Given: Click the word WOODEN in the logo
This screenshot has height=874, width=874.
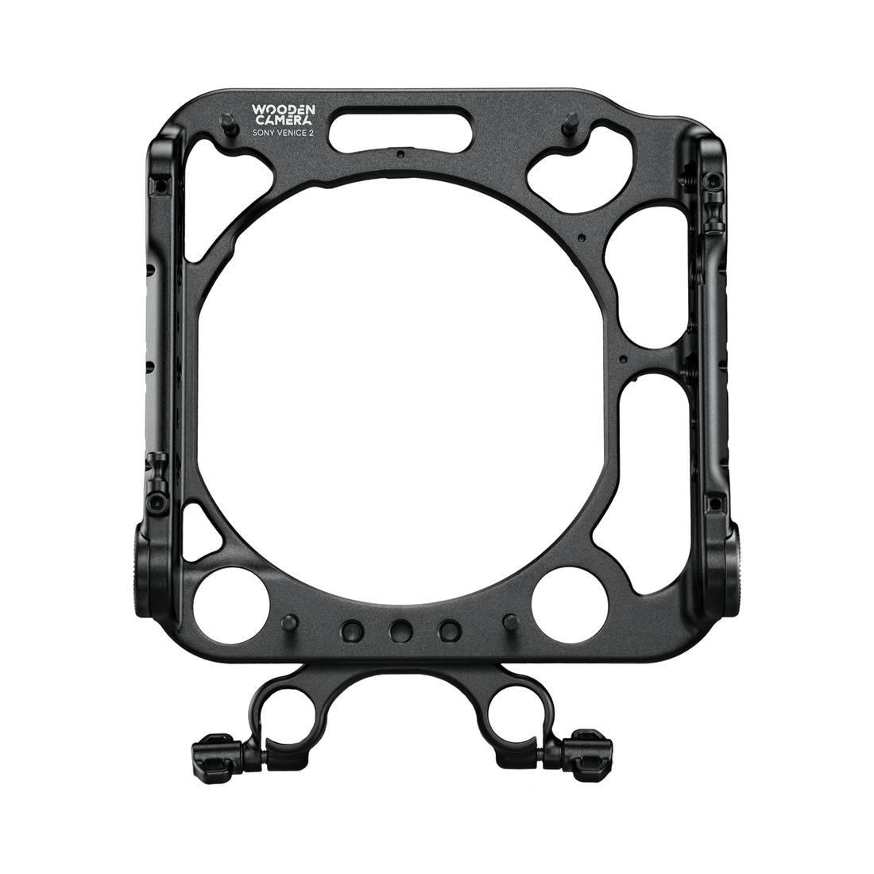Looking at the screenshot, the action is pyautogui.click(x=284, y=109).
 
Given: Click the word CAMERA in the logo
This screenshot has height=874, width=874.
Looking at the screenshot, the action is pyautogui.click(x=284, y=122).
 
